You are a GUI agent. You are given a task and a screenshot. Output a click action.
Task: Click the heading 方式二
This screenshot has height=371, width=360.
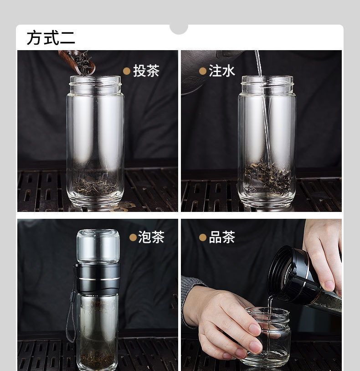tap(51, 38)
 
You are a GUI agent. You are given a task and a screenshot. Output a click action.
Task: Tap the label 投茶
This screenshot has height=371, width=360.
tap(146, 71)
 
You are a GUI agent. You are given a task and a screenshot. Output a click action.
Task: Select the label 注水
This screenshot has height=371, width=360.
tap(222, 71)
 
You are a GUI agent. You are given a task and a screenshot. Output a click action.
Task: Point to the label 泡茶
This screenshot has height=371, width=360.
tap(151, 237)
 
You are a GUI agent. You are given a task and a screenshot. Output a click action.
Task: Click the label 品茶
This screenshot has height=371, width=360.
tap(222, 237)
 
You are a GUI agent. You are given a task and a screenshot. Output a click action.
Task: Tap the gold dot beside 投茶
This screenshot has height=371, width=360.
tap(127, 71)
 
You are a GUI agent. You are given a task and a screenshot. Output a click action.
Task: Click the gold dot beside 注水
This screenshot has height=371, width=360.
tap(203, 71)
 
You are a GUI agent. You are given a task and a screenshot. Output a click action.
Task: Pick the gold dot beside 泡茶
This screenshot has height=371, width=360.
tap(133, 237)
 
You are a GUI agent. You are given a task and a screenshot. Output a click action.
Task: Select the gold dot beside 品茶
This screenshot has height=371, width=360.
tap(203, 237)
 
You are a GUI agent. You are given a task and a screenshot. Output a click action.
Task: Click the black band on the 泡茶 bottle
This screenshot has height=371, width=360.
tap(98, 279)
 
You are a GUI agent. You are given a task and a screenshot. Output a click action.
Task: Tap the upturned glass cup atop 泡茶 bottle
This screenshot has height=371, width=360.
tap(98, 246)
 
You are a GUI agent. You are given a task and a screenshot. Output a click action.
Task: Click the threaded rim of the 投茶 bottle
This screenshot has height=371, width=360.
tap(95, 85)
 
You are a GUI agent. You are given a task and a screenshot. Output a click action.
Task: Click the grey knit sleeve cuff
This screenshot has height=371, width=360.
tap(189, 300)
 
